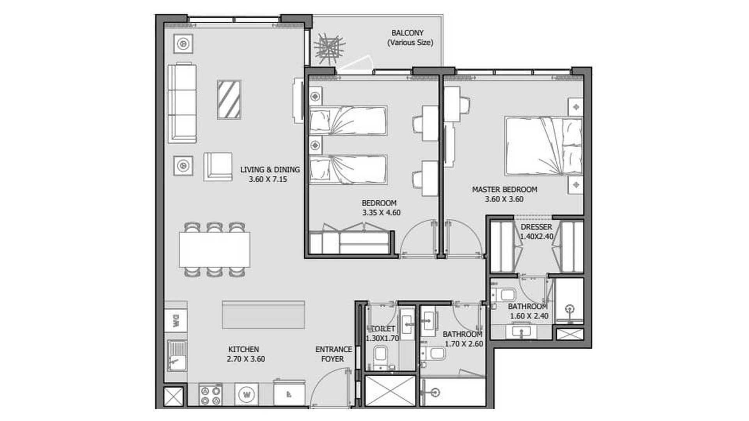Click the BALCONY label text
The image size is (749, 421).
coord(407,33)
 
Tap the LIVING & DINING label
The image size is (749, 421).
coord(270,170)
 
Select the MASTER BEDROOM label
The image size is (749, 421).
coord(504,189)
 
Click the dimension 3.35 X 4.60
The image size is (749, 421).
coord(381,213)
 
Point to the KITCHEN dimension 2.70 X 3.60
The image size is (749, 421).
coord(246,359)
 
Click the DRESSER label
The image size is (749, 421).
coord(536,227)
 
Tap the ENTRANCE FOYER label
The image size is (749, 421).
coord(333,354)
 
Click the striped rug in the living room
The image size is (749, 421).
coord(229,99)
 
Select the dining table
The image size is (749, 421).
coord(215,249)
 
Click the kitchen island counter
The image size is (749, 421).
coord(263,315)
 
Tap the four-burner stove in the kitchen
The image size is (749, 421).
coord(210,395)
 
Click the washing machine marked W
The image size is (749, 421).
coord(247,394)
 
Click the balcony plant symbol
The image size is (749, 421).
coord(330,49)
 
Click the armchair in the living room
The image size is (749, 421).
coord(217,166)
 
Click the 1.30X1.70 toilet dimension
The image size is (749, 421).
coord(382,338)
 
